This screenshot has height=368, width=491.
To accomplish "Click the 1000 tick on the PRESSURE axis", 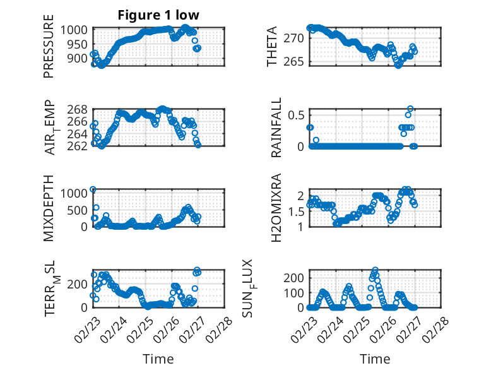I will tap(78, 30).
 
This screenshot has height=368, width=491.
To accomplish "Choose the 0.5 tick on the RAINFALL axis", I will tap(297, 115).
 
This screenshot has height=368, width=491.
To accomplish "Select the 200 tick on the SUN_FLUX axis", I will tap(296, 278).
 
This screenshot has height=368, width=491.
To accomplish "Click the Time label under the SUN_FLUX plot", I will tap(375, 359).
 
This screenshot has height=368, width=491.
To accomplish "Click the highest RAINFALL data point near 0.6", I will tap(410, 109).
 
